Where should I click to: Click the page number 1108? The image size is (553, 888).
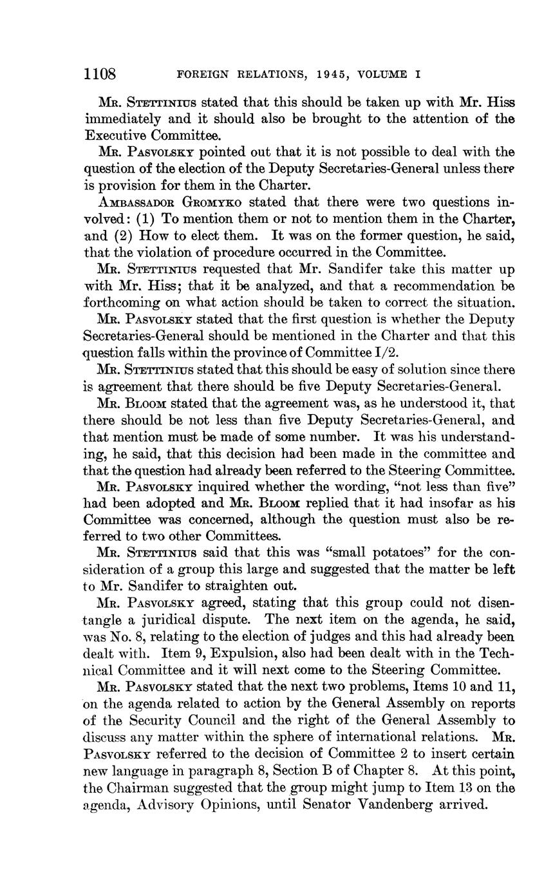click(100, 74)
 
